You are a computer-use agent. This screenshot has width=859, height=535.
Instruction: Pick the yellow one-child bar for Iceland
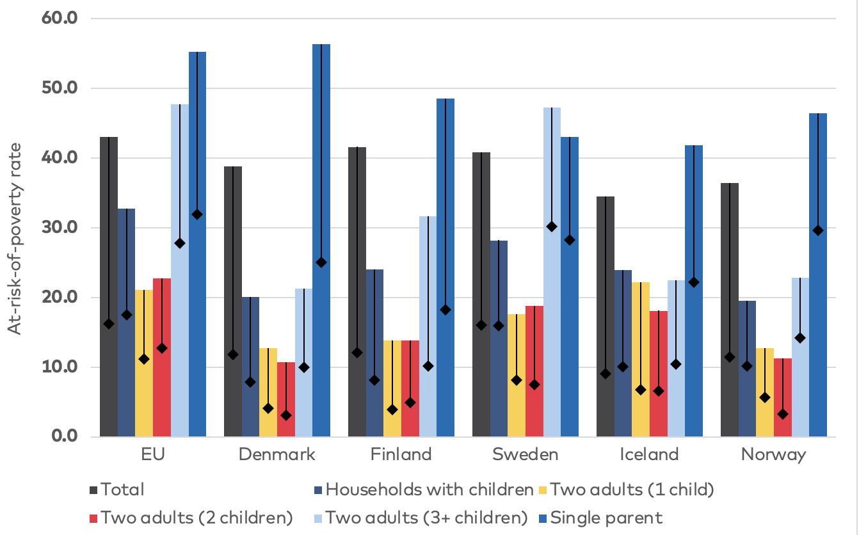point(641,359)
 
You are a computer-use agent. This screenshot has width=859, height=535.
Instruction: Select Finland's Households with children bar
point(374,353)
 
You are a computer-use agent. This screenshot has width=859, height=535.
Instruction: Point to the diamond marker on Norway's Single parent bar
point(818,230)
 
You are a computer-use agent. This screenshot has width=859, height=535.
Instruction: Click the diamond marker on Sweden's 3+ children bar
point(552,227)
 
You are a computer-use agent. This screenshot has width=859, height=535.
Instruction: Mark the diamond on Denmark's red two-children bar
point(286,415)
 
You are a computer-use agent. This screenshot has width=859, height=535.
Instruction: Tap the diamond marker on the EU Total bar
point(109,324)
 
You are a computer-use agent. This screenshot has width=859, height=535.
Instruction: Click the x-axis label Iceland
point(649,455)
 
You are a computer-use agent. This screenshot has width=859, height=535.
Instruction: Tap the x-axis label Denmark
point(277,455)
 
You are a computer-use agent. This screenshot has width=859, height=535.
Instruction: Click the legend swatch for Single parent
point(539,517)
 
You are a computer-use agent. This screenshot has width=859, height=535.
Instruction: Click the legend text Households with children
point(429,490)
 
